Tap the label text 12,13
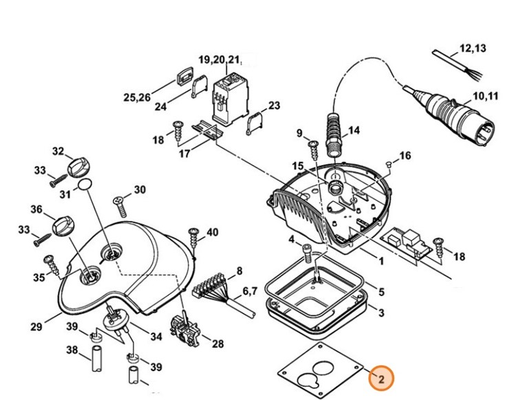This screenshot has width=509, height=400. click(473, 48)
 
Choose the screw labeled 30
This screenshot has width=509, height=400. click(118, 202)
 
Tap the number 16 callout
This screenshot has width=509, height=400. click(405, 157)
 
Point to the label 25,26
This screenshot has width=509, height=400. click(136, 98)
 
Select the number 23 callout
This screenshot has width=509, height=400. click(274, 106)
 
